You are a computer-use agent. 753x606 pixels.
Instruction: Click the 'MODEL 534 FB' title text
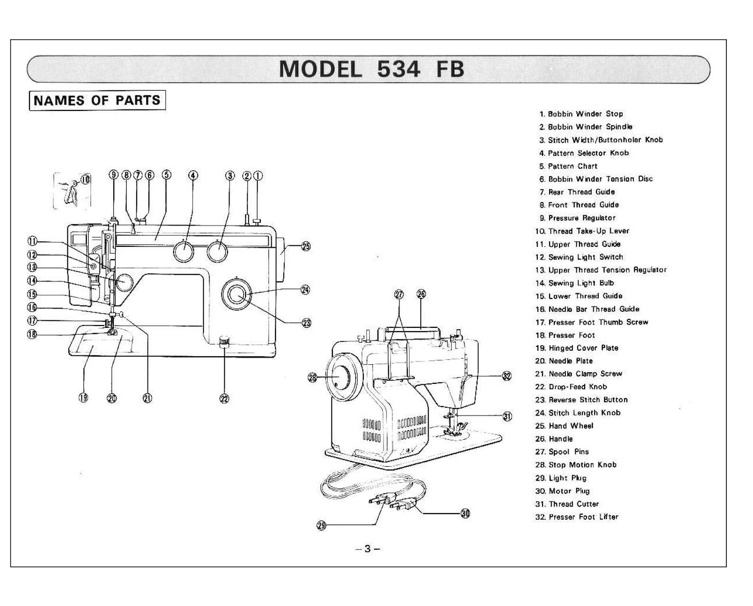point(371,69)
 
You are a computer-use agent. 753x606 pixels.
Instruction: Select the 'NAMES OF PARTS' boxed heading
point(97,100)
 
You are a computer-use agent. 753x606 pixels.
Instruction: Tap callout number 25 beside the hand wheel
point(306,246)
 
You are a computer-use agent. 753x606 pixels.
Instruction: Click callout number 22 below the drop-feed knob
point(224,398)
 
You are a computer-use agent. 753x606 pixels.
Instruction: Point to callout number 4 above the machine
point(193,175)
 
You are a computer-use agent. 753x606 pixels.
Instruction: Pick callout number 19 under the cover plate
point(83,398)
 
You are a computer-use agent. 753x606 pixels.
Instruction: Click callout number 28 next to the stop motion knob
point(312,377)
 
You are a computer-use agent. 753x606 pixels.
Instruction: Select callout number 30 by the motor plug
point(466,513)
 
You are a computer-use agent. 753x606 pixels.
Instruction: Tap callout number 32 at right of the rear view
point(507,376)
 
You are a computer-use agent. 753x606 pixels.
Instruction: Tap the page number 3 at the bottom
point(367,549)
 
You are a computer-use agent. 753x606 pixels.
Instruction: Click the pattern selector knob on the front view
point(184,251)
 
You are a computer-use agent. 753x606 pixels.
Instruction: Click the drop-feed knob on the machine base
point(224,342)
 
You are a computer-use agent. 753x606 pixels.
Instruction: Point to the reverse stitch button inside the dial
point(236,295)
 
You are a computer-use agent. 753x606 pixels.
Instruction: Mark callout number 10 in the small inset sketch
point(85,179)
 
